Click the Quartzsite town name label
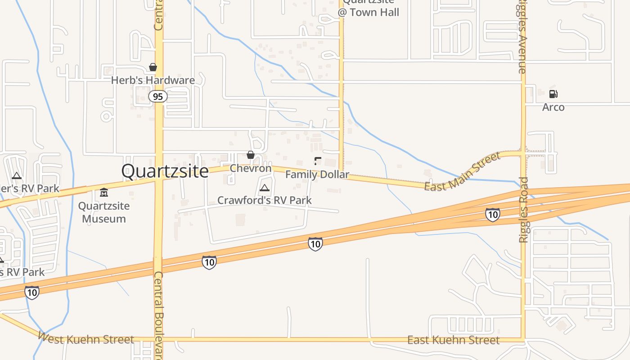click(x=165, y=171)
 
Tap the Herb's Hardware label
click(x=153, y=81)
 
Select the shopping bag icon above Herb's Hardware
click(x=153, y=67)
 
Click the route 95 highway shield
click(x=158, y=96)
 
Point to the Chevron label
click(x=251, y=168)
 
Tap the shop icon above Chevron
click(x=251, y=155)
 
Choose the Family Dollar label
click(x=317, y=174)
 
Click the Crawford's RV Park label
click(x=265, y=200)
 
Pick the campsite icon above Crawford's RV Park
click(x=265, y=188)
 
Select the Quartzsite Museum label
click(x=104, y=212)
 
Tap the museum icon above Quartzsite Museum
click(x=104, y=193)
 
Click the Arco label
click(x=553, y=107)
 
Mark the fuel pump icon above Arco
click(x=553, y=94)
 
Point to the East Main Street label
click(x=463, y=172)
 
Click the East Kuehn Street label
click(x=453, y=340)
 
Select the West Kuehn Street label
click(x=86, y=338)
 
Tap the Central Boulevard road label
click(x=158, y=315)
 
